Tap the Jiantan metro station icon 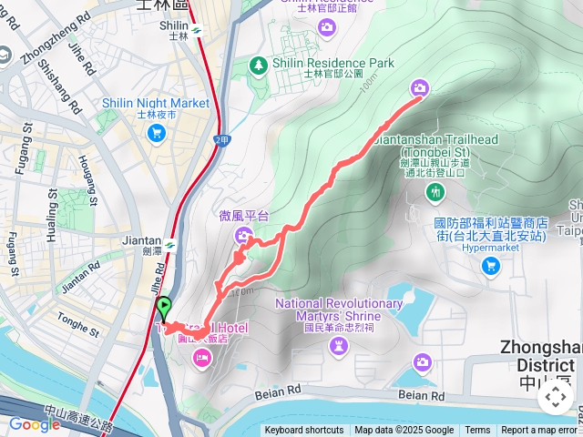[170, 244]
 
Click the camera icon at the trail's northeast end [420, 87]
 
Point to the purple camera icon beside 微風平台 [245, 236]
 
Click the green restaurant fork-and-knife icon [436, 191]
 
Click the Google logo [35, 424]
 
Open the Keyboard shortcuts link [304, 431]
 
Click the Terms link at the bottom [477, 431]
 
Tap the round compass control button [555, 396]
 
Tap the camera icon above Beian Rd [422, 363]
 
